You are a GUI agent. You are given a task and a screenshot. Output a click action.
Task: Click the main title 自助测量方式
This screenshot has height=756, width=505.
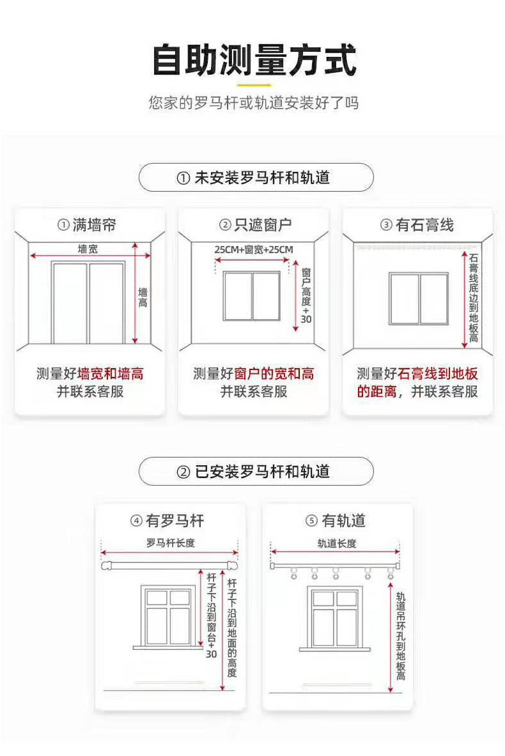click(x=254, y=61)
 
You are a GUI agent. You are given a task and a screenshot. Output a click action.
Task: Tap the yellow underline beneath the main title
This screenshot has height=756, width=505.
click(x=254, y=84)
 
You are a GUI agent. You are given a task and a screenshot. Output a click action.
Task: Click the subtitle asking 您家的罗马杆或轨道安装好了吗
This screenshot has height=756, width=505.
click(x=254, y=103)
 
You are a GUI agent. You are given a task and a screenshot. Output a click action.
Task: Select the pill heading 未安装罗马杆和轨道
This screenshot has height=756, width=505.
click(x=256, y=177)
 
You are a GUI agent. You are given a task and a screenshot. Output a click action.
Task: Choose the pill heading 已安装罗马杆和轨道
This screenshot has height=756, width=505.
click(x=256, y=472)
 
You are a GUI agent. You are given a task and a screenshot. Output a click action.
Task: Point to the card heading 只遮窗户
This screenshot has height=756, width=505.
click(x=254, y=225)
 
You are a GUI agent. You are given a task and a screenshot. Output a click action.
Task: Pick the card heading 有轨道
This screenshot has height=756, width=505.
click(x=337, y=521)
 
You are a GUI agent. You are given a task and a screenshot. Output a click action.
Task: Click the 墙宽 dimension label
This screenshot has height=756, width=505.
click(x=88, y=249)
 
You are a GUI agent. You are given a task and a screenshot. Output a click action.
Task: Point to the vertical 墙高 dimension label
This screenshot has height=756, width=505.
click(x=143, y=297)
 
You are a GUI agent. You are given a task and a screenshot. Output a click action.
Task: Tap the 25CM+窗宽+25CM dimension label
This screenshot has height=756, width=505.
click(x=253, y=249)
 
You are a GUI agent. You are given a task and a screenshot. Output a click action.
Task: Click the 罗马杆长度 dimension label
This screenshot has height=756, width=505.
click(x=170, y=543)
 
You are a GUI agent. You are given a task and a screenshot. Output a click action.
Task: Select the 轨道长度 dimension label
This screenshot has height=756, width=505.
click(x=337, y=543)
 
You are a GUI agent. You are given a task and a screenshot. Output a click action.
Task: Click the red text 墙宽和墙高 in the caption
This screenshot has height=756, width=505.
click(x=110, y=374)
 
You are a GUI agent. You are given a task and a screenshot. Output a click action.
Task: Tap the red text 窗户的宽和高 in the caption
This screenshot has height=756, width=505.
click(x=274, y=374)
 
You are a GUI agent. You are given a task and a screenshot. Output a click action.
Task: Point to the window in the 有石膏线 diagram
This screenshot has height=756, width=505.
click(x=419, y=298)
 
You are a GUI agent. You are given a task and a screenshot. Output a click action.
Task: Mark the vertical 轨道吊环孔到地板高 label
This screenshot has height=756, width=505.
click(x=401, y=636)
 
